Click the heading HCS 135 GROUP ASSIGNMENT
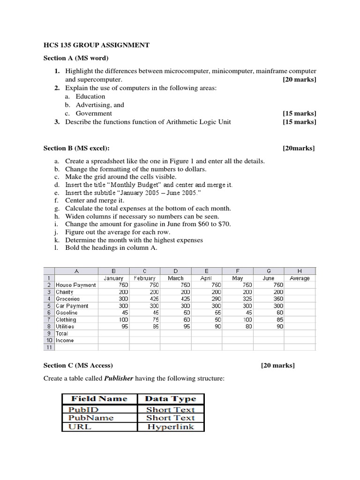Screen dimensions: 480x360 [97, 45]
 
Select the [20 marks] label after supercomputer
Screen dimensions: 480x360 [299, 80]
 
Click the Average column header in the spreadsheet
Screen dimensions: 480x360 [300, 278]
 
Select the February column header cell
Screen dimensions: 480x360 [144, 278]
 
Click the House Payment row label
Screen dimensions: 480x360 [75, 285]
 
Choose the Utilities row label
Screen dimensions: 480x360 [65, 326]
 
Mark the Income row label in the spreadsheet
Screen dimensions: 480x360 [65, 340]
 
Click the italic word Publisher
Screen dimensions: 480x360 [119, 378]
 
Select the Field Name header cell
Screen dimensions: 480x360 [99, 398]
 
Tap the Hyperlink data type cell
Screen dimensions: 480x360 [170, 427]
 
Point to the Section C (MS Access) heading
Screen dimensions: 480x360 [78, 366]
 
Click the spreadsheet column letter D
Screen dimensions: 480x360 [175, 270]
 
